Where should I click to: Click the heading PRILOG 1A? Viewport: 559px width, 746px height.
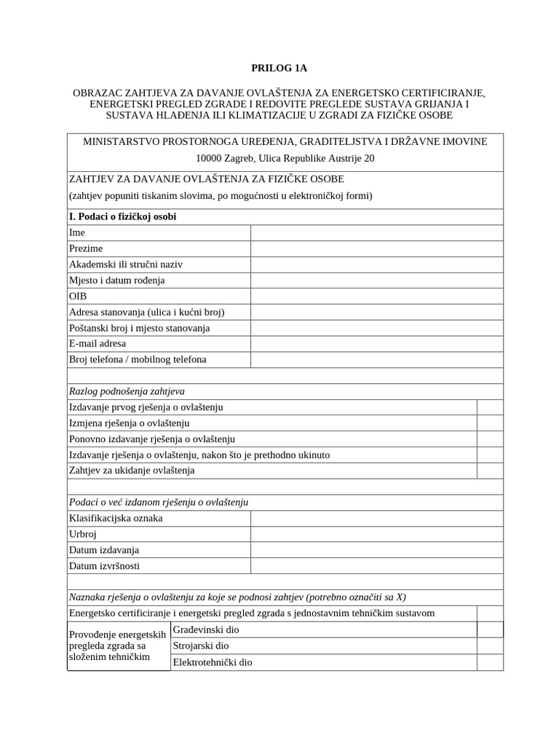tap(279, 68)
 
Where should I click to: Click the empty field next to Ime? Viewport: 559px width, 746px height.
tap(376, 232)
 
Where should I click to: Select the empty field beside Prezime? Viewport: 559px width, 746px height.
tap(376, 248)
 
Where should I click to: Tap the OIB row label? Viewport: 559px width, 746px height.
tap(78, 297)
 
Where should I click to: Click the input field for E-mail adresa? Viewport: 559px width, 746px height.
tap(376, 343)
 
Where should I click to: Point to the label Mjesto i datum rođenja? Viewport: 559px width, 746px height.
tap(116, 280)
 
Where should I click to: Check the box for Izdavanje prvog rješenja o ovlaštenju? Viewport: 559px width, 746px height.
tap(490, 407)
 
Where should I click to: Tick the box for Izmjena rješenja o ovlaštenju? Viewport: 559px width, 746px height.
tap(490, 423)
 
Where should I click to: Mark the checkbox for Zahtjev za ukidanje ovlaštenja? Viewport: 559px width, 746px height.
tap(490, 471)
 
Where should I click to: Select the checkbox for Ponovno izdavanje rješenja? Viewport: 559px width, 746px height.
tap(490, 439)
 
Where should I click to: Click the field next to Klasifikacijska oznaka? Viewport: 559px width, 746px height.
tap(376, 519)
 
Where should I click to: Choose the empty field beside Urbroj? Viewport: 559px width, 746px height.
tap(376, 535)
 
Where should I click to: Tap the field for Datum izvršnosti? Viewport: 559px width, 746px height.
tap(376, 566)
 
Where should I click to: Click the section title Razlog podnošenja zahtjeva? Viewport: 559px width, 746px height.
tap(127, 391)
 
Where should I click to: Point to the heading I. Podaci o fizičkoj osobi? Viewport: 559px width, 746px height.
tap(122, 217)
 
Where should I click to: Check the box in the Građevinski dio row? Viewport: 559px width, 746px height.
tap(490, 629)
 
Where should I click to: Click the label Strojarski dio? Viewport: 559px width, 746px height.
tap(201, 646)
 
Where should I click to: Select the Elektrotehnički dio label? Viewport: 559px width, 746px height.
tap(213, 663)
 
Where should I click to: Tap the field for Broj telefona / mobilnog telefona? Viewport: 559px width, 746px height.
tap(376, 359)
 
